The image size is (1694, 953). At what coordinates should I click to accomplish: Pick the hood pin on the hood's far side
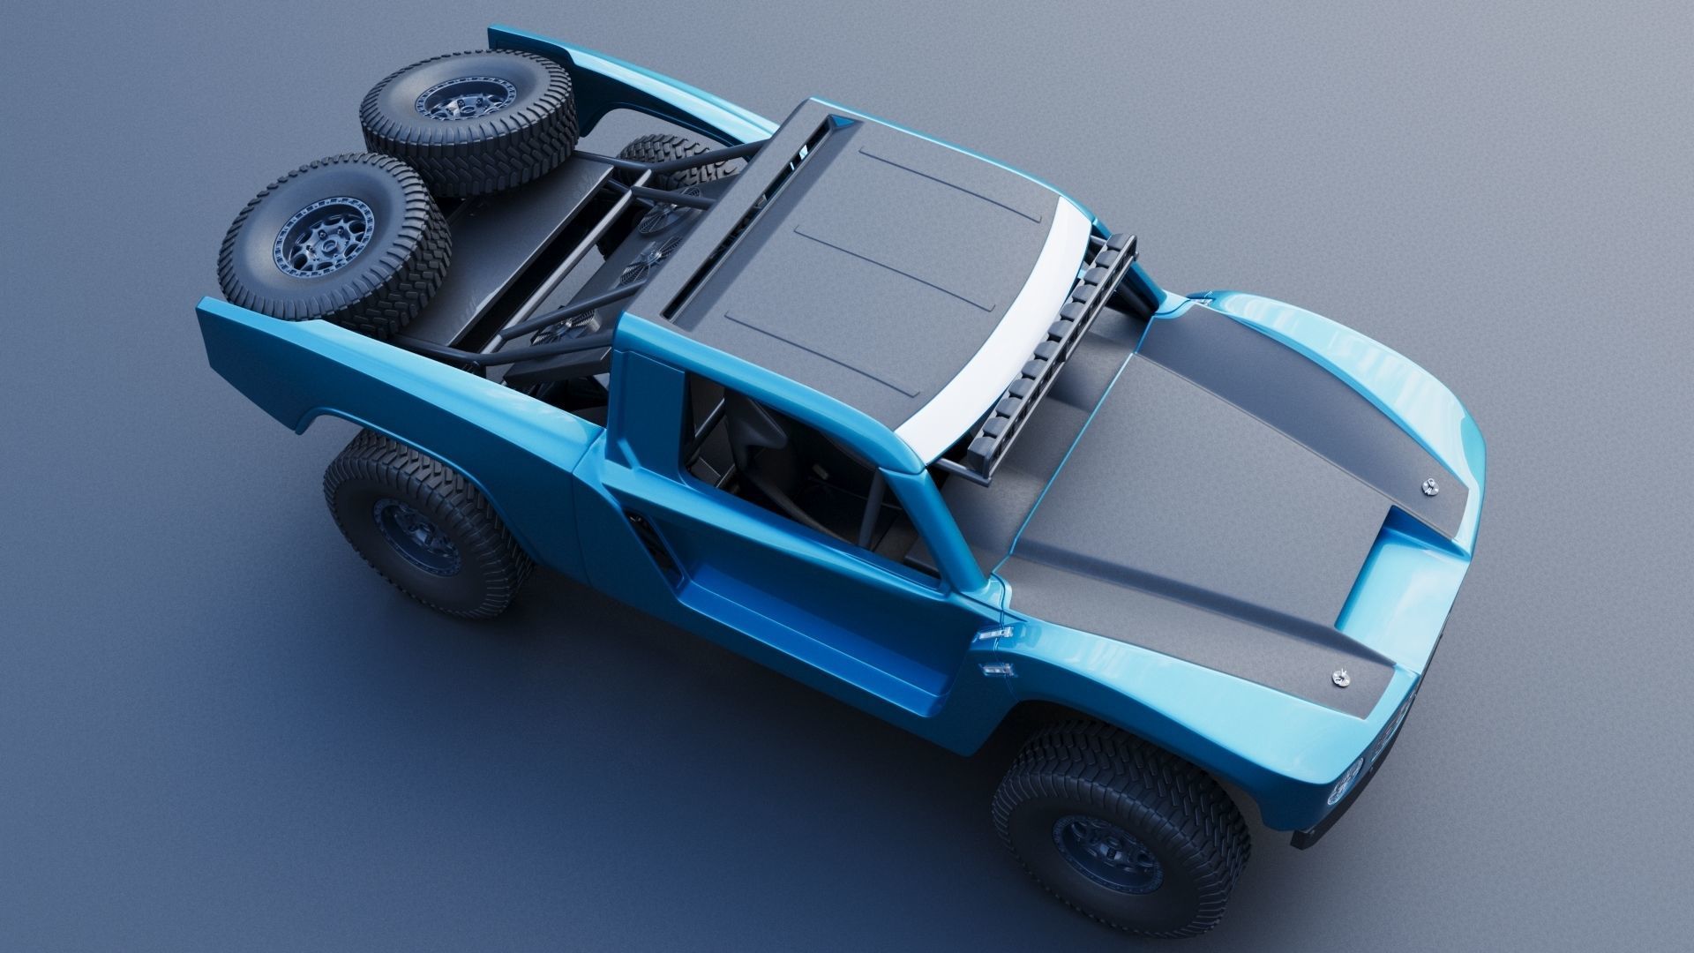tap(1428, 483)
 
